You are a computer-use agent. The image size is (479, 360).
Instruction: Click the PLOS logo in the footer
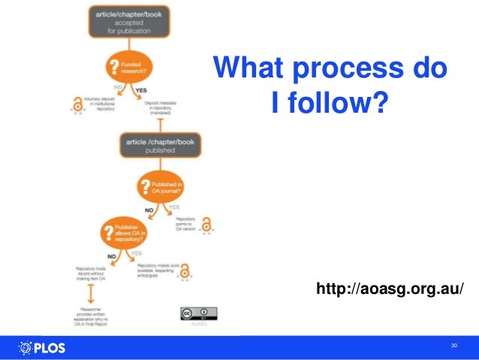(42, 347)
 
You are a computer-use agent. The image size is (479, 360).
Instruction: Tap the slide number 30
(453, 346)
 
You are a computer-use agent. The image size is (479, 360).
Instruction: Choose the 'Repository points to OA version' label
(181, 224)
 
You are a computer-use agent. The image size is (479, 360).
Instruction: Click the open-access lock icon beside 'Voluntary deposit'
(76, 106)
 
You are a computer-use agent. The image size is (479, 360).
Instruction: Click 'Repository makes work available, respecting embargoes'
(156, 269)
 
